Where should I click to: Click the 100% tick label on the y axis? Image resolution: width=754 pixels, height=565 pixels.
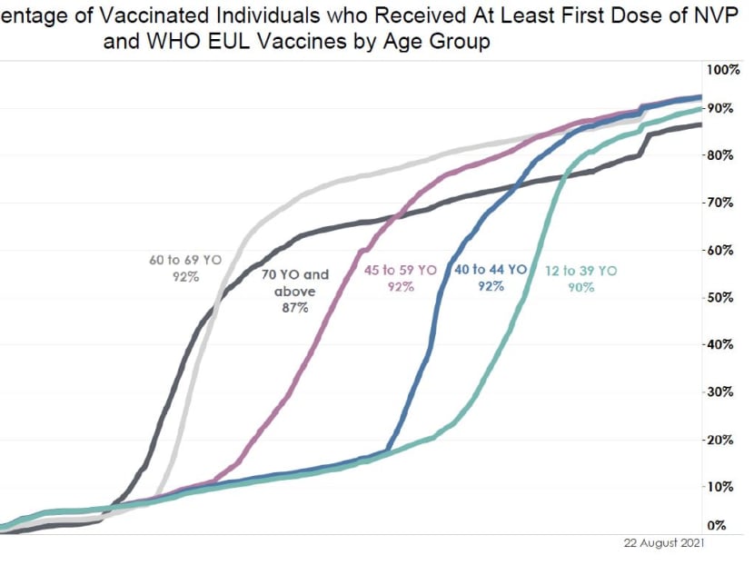tap(724, 70)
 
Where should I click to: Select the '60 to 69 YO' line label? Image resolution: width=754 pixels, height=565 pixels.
tap(185, 260)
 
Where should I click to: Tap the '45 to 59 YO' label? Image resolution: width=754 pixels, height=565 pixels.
tap(402, 270)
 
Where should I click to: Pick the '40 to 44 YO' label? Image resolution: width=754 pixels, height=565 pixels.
tap(491, 270)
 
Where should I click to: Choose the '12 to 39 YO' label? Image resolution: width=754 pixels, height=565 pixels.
tap(581, 270)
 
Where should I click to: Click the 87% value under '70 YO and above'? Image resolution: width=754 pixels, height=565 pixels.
tap(293, 309)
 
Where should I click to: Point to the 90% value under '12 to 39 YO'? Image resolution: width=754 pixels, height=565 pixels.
tap(581, 287)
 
